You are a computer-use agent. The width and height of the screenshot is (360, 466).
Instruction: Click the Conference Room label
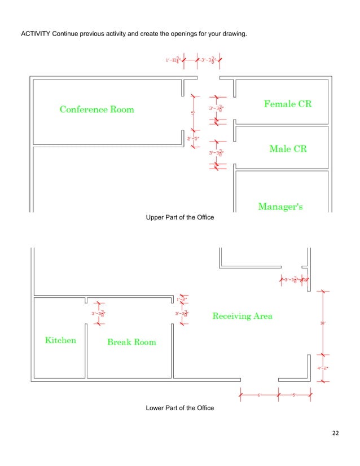point(96,109)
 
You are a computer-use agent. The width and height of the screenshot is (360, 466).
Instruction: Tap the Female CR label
point(288,104)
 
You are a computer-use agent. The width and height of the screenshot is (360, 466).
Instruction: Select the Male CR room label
point(288,149)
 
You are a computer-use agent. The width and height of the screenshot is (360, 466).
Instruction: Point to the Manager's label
point(280,206)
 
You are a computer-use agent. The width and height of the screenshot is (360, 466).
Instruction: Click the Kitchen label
point(60,340)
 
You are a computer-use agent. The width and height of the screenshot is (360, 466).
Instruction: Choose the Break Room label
point(131,342)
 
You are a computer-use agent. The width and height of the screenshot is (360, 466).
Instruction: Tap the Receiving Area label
point(242,316)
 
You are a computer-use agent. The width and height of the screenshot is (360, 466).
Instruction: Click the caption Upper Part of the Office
point(180,218)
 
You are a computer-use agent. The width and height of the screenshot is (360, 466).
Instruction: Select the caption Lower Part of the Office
point(180,407)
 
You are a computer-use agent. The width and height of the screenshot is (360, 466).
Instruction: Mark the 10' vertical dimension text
point(323,323)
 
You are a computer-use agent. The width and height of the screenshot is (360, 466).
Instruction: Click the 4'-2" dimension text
point(322,368)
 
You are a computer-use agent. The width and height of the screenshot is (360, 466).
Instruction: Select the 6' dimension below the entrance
point(260,395)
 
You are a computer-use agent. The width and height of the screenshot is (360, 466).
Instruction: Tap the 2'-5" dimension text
point(192,138)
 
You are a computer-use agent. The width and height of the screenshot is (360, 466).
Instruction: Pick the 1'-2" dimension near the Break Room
point(181,299)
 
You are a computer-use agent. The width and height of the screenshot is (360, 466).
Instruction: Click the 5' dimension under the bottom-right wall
point(294,395)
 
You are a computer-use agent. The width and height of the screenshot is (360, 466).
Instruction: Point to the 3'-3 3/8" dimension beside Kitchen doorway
point(98,314)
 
